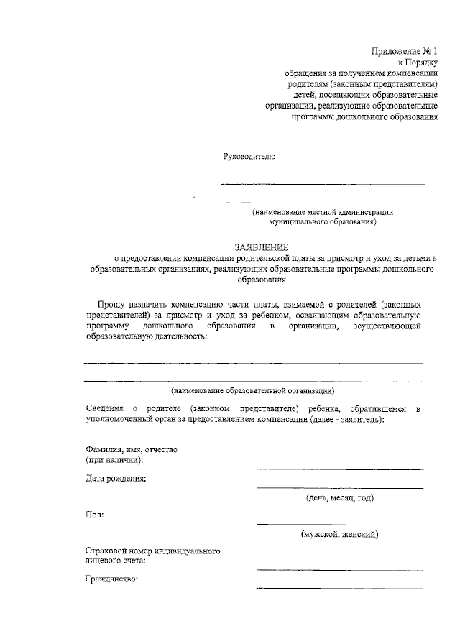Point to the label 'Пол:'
pyautogui.click(x=94, y=515)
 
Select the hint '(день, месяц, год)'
pyautogui.click(x=339, y=497)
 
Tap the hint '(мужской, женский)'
pyautogui.click(x=339, y=534)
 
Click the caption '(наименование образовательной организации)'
pyautogui.click(x=252, y=391)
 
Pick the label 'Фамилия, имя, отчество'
pyautogui.click(x=131, y=448)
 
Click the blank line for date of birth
pyautogui.click(x=339, y=487)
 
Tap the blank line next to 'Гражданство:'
pyautogui.click(x=339, y=588)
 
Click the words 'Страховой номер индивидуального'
pyautogui.click(x=152, y=551)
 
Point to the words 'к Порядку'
pyautogui.click(x=418, y=63)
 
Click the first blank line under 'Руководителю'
pyautogui.click(x=322, y=185)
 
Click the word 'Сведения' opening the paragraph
pyautogui.click(x=103, y=408)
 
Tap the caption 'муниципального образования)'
pyautogui.click(x=322, y=223)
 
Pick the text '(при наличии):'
pyautogui.click(x=114, y=459)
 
